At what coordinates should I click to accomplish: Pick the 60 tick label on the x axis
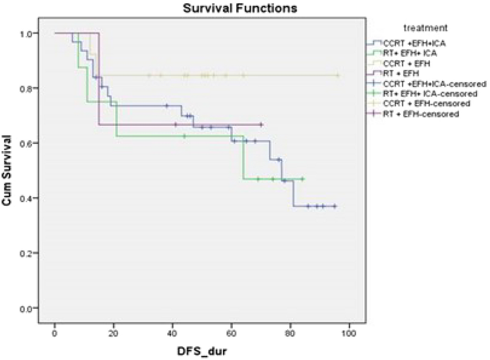click(x=231, y=335)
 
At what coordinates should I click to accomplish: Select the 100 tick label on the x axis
click(x=349, y=335)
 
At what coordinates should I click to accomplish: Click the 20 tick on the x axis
click(x=114, y=335)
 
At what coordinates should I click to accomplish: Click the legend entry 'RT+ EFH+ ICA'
click(x=410, y=52)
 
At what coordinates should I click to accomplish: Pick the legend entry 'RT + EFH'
click(x=403, y=73)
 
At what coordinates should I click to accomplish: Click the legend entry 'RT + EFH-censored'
click(x=421, y=114)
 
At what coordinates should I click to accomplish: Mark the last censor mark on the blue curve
click(x=335, y=206)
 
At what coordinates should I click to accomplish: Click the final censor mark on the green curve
click(x=303, y=178)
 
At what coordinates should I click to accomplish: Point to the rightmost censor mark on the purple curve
click(x=261, y=124)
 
